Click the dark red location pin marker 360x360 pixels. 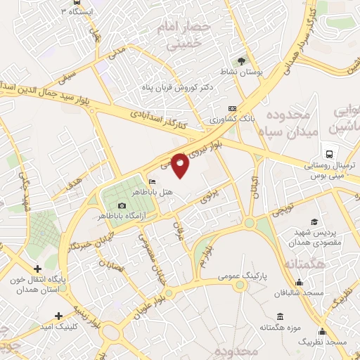[x=181, y=164]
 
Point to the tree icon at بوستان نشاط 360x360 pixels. [x=242, y=61]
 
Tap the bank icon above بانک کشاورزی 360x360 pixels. [x=233, y=108]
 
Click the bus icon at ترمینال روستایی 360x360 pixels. [x=329, y=154]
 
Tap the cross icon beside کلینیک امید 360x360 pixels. [x=58, y=316]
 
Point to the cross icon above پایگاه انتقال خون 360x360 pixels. [x=38, y=269]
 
